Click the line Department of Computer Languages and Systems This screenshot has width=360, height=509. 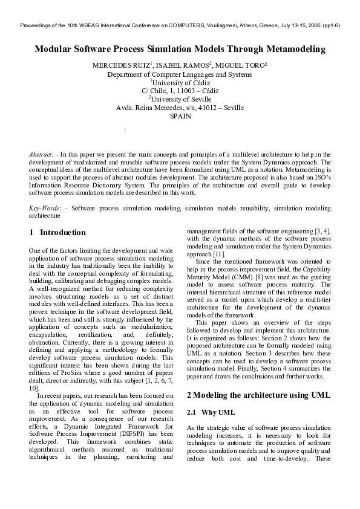click(x=180, y=74)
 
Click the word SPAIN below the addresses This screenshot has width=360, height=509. click(x=180, y=117)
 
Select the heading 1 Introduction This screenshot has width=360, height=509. click(x=57, y=233)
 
